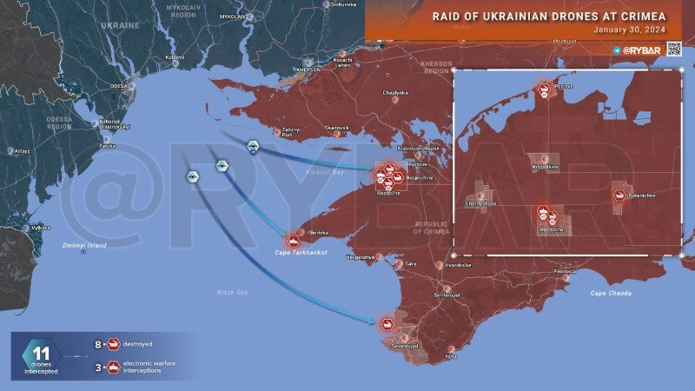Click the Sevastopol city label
(407, 346)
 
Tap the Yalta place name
(450, 357)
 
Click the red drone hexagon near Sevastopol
(387, 324)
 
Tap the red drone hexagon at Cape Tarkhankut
(294, 240)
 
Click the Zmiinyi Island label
(84, 246)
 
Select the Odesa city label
(119, 86)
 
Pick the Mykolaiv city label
(232, 17)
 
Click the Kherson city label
(309, 70)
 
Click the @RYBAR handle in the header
(648, 50)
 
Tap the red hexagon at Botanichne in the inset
(619, 195)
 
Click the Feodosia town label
(553, 271)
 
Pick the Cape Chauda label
(611, 293)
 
